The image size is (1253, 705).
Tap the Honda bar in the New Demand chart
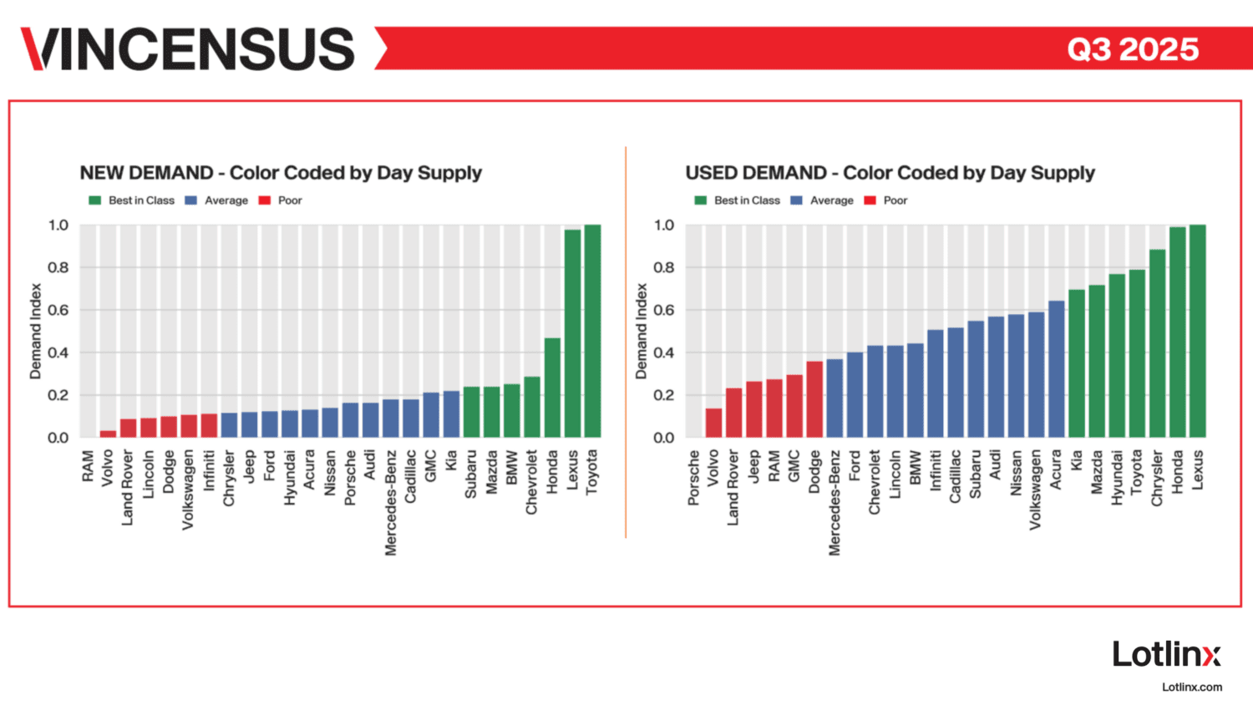pos(552,388)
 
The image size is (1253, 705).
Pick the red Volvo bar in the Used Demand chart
pos(713,423)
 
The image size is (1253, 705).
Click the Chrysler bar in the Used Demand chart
pos(1157,343)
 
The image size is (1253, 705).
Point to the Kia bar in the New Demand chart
pos(451,414)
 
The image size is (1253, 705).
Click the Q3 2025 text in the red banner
pos(1133,49)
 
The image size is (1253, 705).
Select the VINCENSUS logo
pos(188,48)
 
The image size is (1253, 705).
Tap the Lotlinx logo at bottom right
pos(1166,654)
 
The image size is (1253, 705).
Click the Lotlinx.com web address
pos(1192,687)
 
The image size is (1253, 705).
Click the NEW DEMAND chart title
pos(281,173)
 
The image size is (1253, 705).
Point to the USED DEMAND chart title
pos(890,173)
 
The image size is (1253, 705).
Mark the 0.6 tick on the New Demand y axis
pos(58,310)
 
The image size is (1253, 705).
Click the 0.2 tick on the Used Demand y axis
pos(664,395)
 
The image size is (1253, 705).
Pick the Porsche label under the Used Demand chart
pos(693,478)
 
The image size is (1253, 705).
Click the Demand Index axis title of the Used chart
pos(642,331)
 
